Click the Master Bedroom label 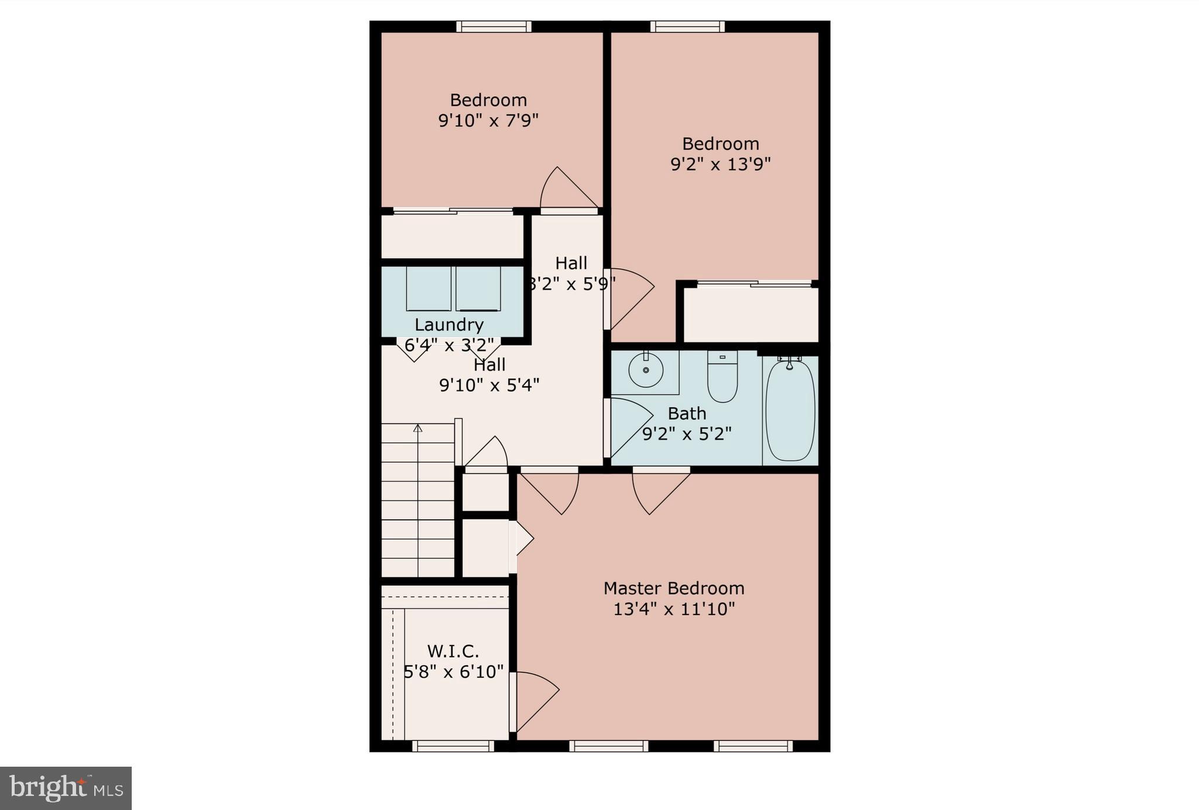tap(674, 588)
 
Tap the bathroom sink tap(645, 370)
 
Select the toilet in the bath tap(722, 378)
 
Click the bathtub tap(790, 410)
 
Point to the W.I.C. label tap(453, 651)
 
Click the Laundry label tap(449, 325)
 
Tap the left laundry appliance tap(429, 289)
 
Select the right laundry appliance tap(478, 289)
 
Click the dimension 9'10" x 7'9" tap(488, 121)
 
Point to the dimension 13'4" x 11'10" tap(674, 609)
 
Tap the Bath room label tap(687, 414)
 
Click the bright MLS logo tap(66, 788)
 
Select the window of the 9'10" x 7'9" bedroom tap(494, 26)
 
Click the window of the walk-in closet tap(453, 746)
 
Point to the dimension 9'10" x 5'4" tap(489, 385)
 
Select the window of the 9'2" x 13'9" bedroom tap(687, 26)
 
